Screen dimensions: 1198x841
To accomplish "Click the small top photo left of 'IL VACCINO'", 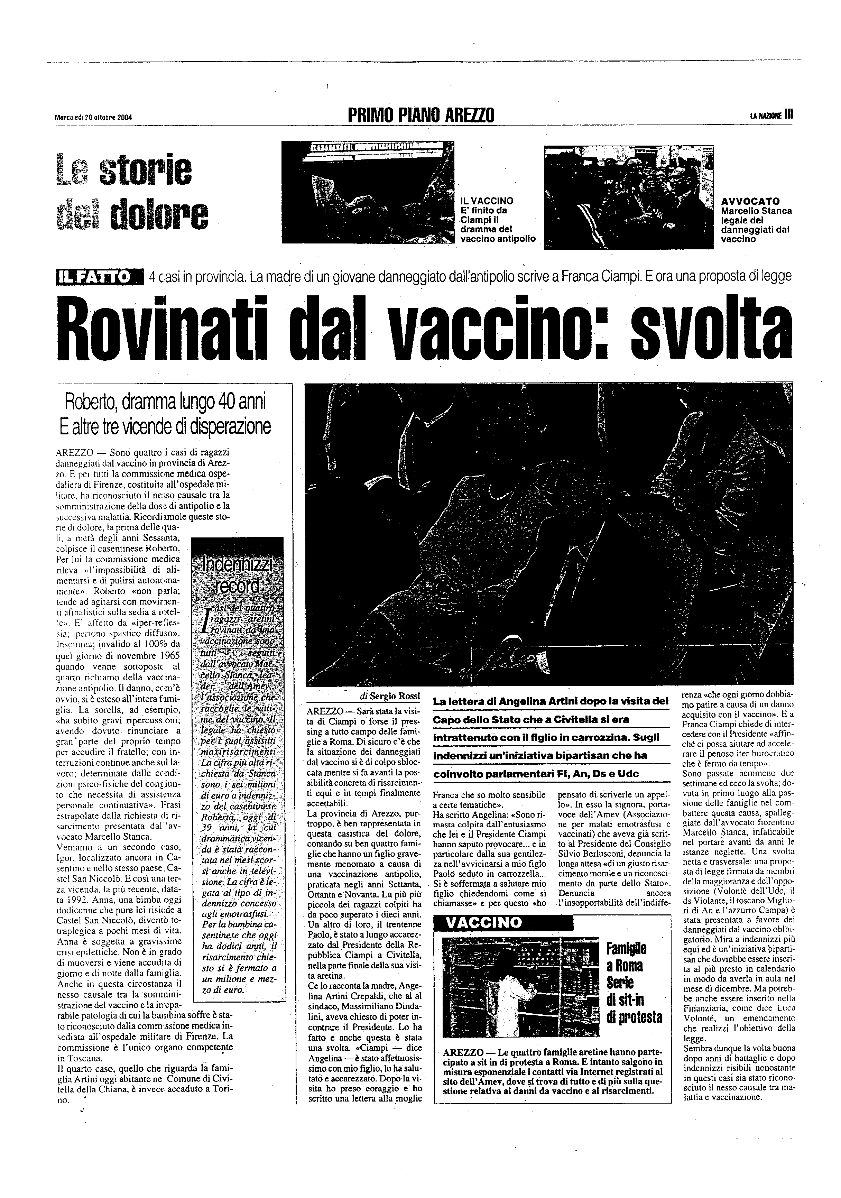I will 367,192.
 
